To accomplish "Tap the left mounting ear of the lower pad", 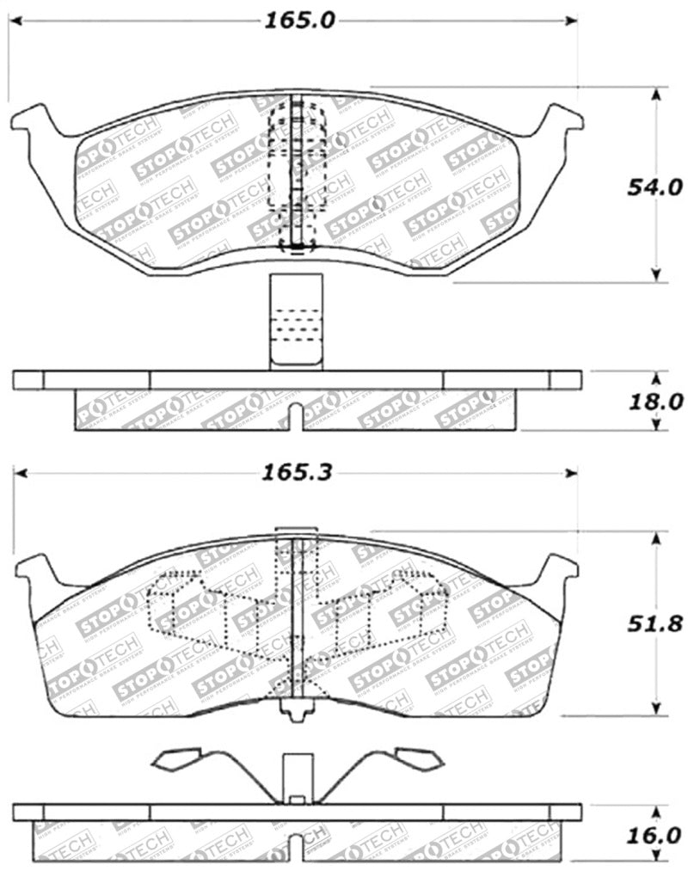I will (38, 570).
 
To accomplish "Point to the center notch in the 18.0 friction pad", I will (296, 417).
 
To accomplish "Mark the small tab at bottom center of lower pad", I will (297, 712).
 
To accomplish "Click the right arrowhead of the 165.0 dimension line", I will (571, 21).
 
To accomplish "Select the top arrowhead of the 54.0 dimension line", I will (657, 93).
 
